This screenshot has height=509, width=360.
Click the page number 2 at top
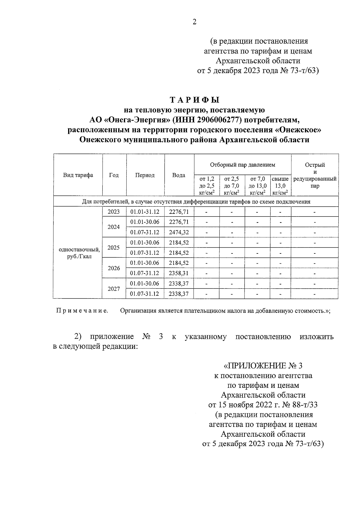[194, 22]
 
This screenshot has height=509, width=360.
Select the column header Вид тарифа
[78, 175]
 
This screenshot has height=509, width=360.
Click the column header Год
[114, 175]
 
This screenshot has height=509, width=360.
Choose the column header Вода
[179, 175]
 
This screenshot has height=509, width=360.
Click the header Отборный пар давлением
[242, 165]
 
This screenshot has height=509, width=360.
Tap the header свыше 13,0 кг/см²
[280, 186]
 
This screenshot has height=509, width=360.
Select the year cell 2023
[114, 212]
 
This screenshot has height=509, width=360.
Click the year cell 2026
[114, 268]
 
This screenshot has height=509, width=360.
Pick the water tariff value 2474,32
[179, 232]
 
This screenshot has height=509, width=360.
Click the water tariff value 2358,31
[179, 273]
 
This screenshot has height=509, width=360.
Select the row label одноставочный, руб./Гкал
[79, 253]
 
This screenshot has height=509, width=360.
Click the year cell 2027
[114, 289]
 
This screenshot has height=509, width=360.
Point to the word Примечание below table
[82, 311]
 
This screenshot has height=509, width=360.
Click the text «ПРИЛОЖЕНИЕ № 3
[263, 366]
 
